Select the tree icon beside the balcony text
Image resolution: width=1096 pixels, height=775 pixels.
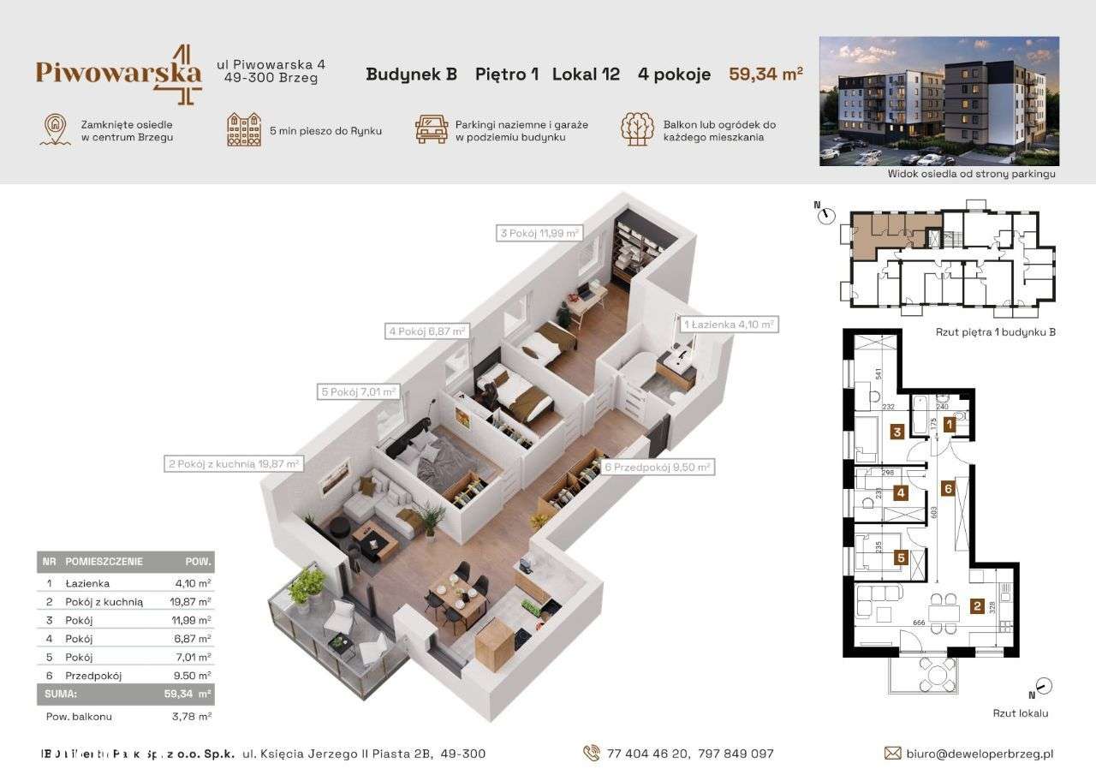(636, 128)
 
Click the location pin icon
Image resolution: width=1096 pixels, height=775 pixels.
(54, 129)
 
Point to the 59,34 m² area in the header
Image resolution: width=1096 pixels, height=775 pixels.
(765, 74)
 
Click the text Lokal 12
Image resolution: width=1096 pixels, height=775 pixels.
(586, 74)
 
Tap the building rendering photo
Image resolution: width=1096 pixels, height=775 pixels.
(938, 101)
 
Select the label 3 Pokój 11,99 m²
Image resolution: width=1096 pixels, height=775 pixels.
(539, 232)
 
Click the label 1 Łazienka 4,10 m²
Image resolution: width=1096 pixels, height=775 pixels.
(729, 325)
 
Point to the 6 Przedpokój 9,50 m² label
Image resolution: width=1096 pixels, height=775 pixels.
(658, 467)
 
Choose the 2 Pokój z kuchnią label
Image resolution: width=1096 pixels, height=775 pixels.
(233, 464)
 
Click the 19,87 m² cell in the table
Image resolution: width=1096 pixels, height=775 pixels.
(194, 602)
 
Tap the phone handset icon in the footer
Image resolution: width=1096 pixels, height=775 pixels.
(591, 754)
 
